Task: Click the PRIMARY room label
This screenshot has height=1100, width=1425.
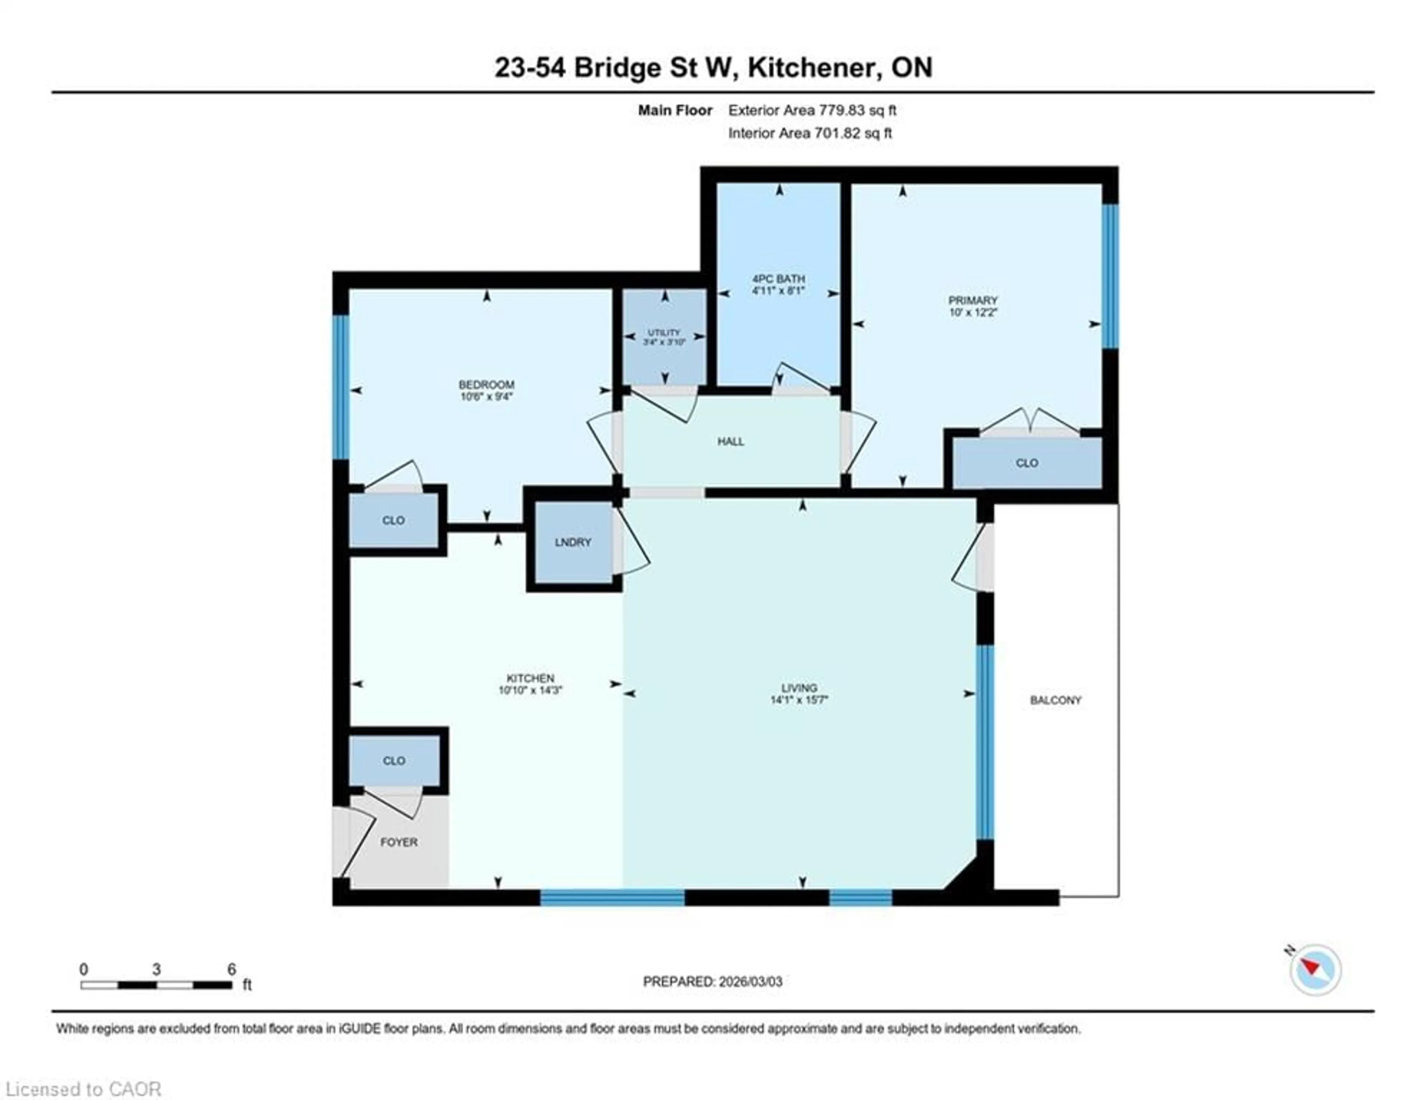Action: [x=973, y=300]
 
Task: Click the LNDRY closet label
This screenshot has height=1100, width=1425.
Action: [x=573, y=542]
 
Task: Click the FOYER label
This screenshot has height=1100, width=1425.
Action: [x=399, y=842]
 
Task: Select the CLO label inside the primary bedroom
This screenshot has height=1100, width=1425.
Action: [x=1026, y=463]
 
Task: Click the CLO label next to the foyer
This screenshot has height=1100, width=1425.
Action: [x=393, y=761]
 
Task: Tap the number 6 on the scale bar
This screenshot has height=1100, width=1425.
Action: [x=231, y=969]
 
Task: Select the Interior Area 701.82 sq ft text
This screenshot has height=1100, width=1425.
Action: [x=810, y=133]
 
